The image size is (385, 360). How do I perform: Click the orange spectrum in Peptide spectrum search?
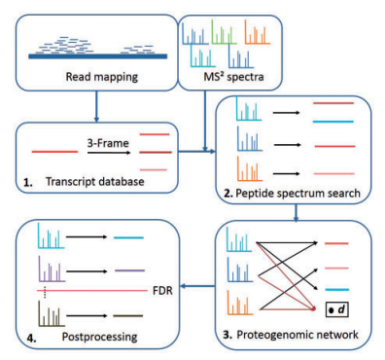[x=255, y=176]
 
